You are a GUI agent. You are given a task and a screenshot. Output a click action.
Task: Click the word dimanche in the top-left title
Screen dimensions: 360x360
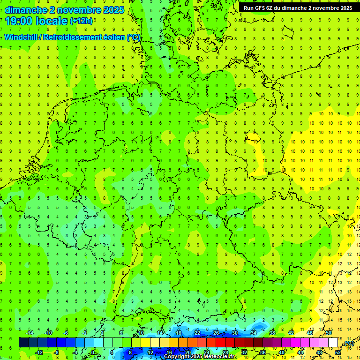pos(26,10)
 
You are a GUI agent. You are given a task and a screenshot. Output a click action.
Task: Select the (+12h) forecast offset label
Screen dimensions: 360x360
pos(81,21)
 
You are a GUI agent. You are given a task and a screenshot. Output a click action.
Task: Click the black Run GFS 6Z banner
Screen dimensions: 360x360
pos(298,8)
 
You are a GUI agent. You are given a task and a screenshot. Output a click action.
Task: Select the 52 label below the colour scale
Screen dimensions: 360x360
pos(337,352)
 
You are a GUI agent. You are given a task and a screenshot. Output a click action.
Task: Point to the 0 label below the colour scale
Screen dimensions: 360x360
pos(94,352)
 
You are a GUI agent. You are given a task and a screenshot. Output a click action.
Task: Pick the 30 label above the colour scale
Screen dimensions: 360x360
pos(234,333)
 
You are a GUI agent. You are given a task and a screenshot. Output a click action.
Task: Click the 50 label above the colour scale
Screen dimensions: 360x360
pos(328,333)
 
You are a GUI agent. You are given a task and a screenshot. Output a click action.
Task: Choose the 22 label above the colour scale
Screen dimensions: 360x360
pos(197,333)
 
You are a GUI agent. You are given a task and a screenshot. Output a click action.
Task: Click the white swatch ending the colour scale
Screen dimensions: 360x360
pos(333,343)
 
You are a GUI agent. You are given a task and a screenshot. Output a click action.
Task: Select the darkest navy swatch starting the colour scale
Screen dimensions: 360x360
pos(23,343)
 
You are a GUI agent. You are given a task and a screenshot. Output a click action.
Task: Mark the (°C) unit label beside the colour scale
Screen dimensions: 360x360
pos(349,344)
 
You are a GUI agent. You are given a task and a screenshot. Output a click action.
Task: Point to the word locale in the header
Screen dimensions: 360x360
pos(51,21)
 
